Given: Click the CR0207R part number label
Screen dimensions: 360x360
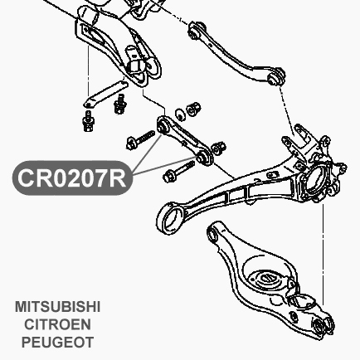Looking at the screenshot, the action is click(72, 178).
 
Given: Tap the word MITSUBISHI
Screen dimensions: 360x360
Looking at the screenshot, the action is click(57, 307).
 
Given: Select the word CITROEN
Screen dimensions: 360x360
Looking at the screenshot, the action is click(57, 324).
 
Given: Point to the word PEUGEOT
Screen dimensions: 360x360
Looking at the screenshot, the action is click(57, 343).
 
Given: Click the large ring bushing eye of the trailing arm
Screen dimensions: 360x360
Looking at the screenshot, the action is click(171, 219).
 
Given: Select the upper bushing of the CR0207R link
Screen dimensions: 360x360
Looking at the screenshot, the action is click(163, 126).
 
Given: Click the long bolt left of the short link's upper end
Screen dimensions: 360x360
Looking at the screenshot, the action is click(140, 140).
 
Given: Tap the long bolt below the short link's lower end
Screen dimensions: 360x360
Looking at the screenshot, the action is click(179, 172).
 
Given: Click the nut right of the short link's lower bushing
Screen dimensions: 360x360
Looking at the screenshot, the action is click(219, 148).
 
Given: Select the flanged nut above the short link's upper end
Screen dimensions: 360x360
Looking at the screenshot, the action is click(193, 109).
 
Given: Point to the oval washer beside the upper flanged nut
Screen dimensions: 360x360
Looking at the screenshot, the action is click(180, 114).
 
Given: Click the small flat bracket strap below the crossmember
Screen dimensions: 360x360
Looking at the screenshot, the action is click(105, 94).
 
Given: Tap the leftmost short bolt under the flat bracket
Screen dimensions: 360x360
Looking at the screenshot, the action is click(89, 121).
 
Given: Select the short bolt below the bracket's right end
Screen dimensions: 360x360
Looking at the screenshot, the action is click(120, 104).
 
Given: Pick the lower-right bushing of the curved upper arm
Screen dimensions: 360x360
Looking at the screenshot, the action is click(276, 76).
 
